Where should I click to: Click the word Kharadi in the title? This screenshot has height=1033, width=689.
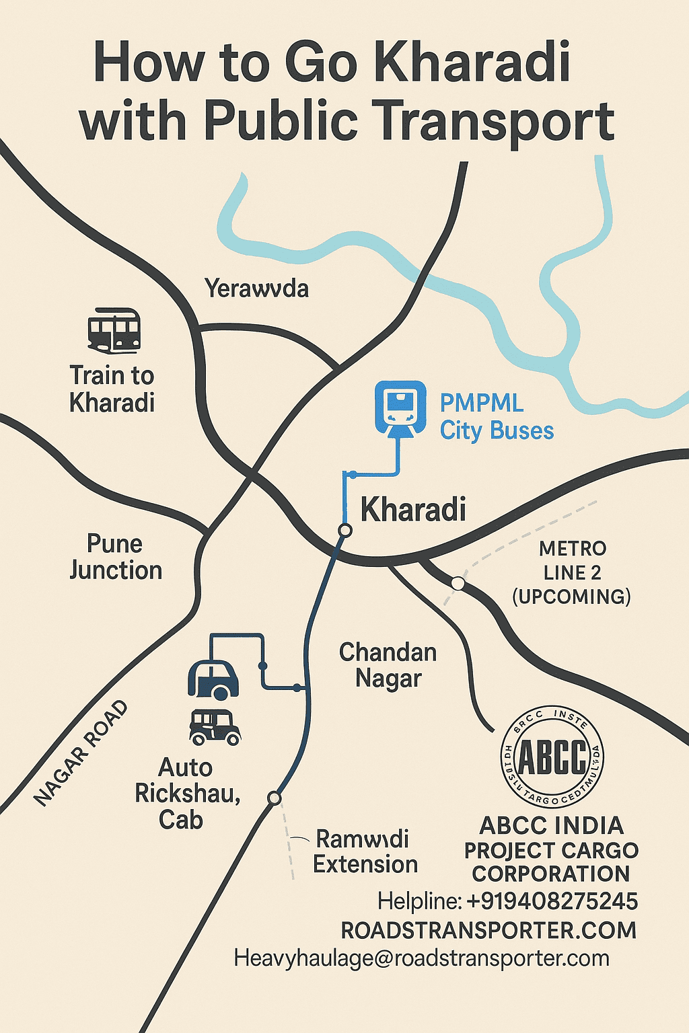click(x=471, y=62)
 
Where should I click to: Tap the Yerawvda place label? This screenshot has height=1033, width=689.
click(x=256, y=289)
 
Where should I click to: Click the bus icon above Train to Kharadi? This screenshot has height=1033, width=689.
click(x=114, y=330)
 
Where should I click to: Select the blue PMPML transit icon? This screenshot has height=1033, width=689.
click(x=400, y=408)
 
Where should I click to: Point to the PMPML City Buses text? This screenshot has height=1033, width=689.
click(x=497, y=417)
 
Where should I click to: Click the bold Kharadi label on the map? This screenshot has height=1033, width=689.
click(x=413, y=509)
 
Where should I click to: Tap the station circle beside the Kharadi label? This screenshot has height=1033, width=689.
click(x=345, y=531)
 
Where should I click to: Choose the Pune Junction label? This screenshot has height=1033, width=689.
click(x=116, y=557)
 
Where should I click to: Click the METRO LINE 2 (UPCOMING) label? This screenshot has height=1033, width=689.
click(x=572, y=573)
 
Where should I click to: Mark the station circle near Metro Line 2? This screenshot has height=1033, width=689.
click(x=458, y=583)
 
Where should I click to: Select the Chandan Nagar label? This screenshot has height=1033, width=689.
click(x=388, y=665)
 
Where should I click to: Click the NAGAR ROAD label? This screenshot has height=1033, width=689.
click(x=81, y=753)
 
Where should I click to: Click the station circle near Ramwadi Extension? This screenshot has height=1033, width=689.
click(x=274, y=798)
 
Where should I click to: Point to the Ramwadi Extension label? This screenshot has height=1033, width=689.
click(x=365, y=851)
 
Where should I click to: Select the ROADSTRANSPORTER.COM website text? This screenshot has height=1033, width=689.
click(x=488, y=930)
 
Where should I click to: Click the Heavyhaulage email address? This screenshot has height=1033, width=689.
click(x=421, y=958)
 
